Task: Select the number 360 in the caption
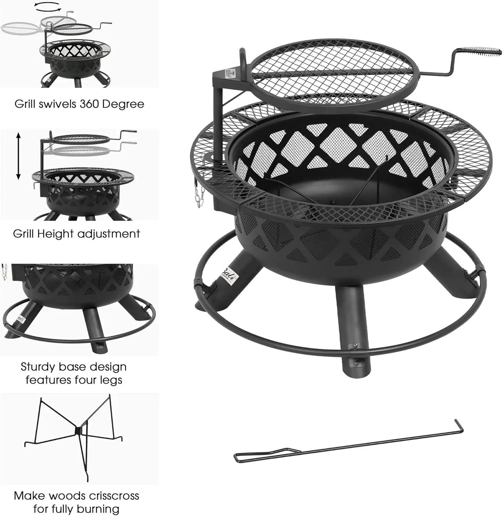(x=90, y=104)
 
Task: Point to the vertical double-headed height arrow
(x=19, y=157)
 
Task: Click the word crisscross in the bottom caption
(x=113, y=496)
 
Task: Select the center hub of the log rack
(x=79, y=430)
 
